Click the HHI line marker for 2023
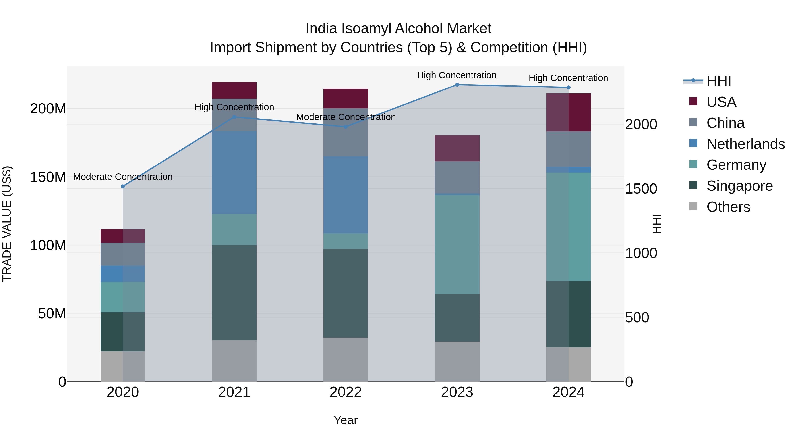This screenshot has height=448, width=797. pos(457,85)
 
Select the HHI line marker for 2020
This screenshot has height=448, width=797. pos(123,187)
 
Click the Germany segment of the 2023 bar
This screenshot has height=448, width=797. pos(457,244)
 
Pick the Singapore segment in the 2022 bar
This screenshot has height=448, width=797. pos(346,293)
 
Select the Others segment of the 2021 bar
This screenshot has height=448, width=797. pos(234,361)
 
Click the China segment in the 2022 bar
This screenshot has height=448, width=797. pos(346,132)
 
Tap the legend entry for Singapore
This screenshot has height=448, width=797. pos(739,186)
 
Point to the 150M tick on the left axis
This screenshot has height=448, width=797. pos(48,177)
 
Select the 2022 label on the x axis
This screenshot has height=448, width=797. pos(346,392)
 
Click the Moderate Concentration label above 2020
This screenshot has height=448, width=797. pos(123,177)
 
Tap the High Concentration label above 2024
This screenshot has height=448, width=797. pos(568,78)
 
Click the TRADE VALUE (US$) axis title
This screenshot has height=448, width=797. pos(7,224)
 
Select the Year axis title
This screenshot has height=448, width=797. pos(346,420)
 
